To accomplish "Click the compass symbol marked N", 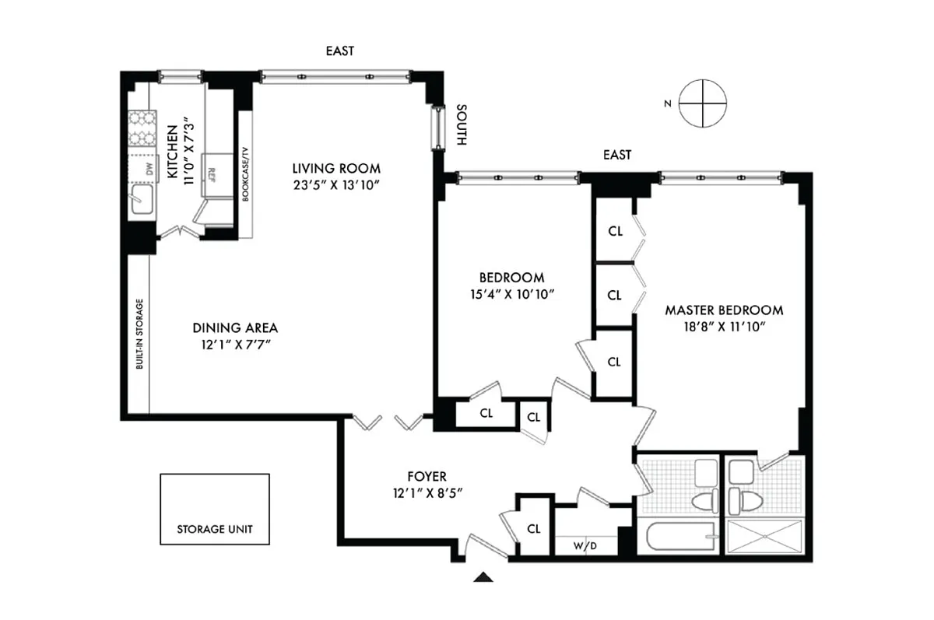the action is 703,103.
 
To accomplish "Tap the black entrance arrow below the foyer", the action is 483,576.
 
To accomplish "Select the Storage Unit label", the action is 215,529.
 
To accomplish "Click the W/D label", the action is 585,546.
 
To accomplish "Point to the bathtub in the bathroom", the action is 680,537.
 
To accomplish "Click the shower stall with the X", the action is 764,537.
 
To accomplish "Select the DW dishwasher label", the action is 149,169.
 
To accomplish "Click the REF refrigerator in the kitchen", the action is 217,175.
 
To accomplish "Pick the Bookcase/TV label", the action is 245,174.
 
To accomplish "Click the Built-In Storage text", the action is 139,334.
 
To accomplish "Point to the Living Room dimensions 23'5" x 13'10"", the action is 336,185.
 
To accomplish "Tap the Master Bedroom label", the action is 724,310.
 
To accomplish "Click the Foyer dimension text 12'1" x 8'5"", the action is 427,493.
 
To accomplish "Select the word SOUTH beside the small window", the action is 462,124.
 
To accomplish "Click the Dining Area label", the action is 235,328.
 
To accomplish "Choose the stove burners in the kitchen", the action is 142,128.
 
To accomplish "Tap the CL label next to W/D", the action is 534,529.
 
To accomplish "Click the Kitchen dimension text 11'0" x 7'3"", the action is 188,151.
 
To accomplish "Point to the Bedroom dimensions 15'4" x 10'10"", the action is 512,294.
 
